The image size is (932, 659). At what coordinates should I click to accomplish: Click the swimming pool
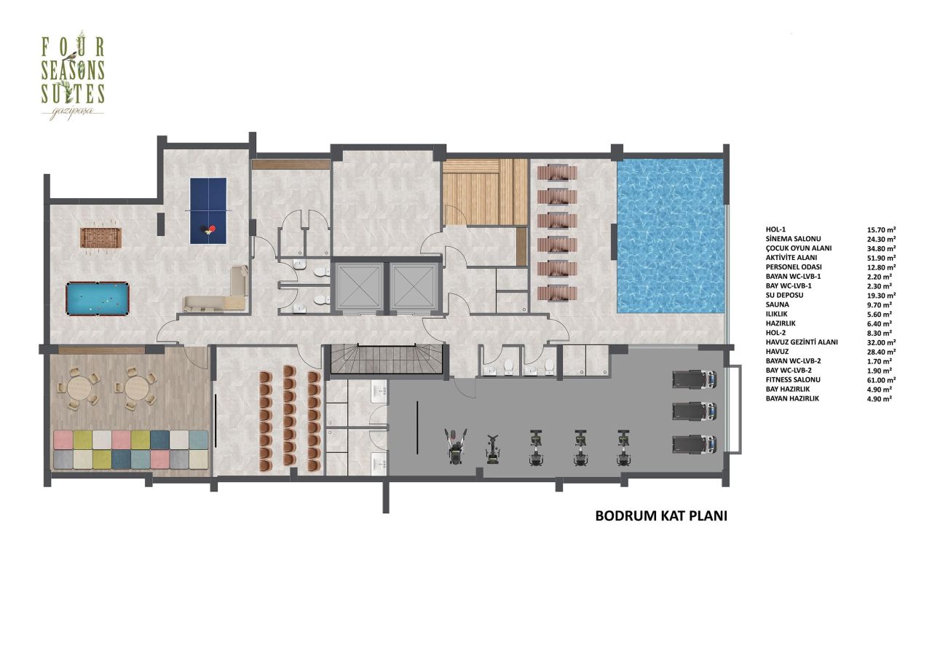[671, 236]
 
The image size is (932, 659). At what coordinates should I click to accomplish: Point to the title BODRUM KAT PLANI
[662, 516]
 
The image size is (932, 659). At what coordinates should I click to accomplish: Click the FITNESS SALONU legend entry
[793, 380]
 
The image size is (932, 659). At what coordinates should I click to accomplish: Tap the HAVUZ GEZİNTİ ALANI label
[802, 342]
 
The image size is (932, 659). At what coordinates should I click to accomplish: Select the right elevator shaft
[413, 285]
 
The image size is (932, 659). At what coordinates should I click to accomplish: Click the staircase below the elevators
[386, 360]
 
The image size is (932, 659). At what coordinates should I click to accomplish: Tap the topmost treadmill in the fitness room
[694, 379]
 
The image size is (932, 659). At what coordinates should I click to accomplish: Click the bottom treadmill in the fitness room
[694, 443]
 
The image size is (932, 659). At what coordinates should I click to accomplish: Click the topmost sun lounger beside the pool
[557, 173]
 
